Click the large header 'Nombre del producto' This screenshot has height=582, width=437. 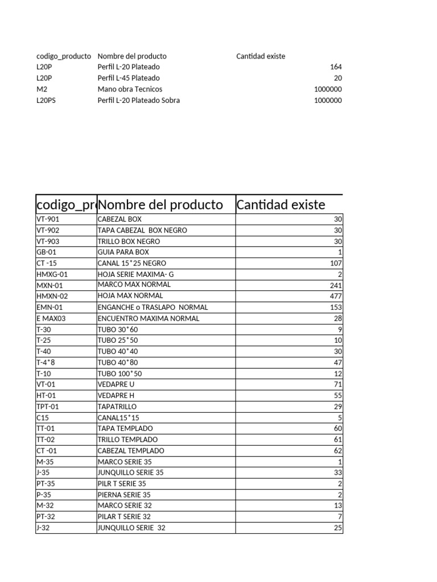pyautogui.click(x=160, y=205)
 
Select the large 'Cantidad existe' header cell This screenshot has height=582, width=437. pyautogui.click(x=281, y=205)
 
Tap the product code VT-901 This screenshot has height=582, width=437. pyautogui.click(x=48, y=219)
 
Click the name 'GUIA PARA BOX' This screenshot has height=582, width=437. pyautogui.click(x=123, y=252)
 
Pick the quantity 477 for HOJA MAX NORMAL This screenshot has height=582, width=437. pyautogui.click(x=336, y=296)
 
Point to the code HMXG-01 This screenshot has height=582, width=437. pyautogui.click(x=52, y=275)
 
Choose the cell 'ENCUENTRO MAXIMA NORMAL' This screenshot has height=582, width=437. pyautogui.click(x=149, y=319)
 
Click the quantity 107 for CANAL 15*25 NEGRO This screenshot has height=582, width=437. pyautogui.click(x=336, y=264)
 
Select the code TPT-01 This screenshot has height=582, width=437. pyautogui.click(x=48, y=407)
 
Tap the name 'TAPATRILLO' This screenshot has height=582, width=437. pyautogui.click(x=117, y=407)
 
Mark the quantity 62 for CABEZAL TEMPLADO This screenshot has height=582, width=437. pyautogui.click(x=337, y=451)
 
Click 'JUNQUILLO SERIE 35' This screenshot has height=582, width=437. pyautogui.click(x=130, y=472)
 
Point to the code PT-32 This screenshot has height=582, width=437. pyautogui.click(x=46, y=517)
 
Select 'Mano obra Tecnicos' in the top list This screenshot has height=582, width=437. pyautogui.click(x=130, y=89)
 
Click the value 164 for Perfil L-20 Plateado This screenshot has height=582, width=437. pyautogui.click(x=336, y=67)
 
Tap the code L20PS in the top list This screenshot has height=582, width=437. pyautogui.click(x=47, y=101)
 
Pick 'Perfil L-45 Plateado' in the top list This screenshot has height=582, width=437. pyautogui.click(x=129, y=78)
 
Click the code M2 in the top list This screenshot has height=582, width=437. pyautogui.click(x=42, y=89)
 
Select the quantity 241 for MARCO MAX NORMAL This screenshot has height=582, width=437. pyautogui.click(x=336, y=285)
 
